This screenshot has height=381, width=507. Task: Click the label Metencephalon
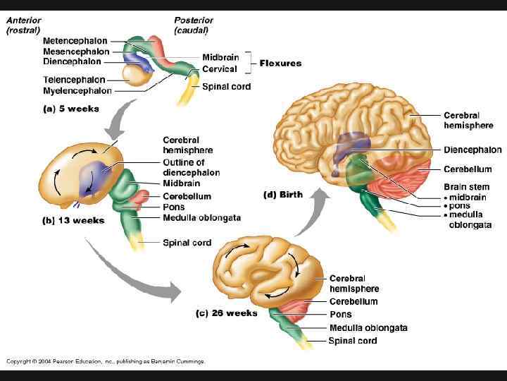[76, 41]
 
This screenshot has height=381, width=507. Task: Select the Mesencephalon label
[76, 52]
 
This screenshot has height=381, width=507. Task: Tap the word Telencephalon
[73, 80]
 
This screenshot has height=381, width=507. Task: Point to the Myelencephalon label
[77, 90]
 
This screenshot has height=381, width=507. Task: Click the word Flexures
[280, 63]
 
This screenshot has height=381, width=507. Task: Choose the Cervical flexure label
[220, 68]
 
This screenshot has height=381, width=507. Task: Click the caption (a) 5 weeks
[71, 109]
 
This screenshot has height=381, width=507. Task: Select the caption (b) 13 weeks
[74, 220]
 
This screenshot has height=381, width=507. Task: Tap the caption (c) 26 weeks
[226, 313]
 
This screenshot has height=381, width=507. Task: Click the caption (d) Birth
[283, 195]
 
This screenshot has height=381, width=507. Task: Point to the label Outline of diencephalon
[191, 167]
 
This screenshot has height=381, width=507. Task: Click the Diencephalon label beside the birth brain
[472, 150]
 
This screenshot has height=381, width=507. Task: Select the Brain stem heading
[467, 186]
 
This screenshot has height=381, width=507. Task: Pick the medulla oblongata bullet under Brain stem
[470, 220]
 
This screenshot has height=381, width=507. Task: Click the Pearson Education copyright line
[106, 361]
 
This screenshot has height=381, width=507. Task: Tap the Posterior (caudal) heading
[194, 25]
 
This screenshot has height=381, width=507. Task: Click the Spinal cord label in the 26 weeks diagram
[352, 341]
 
